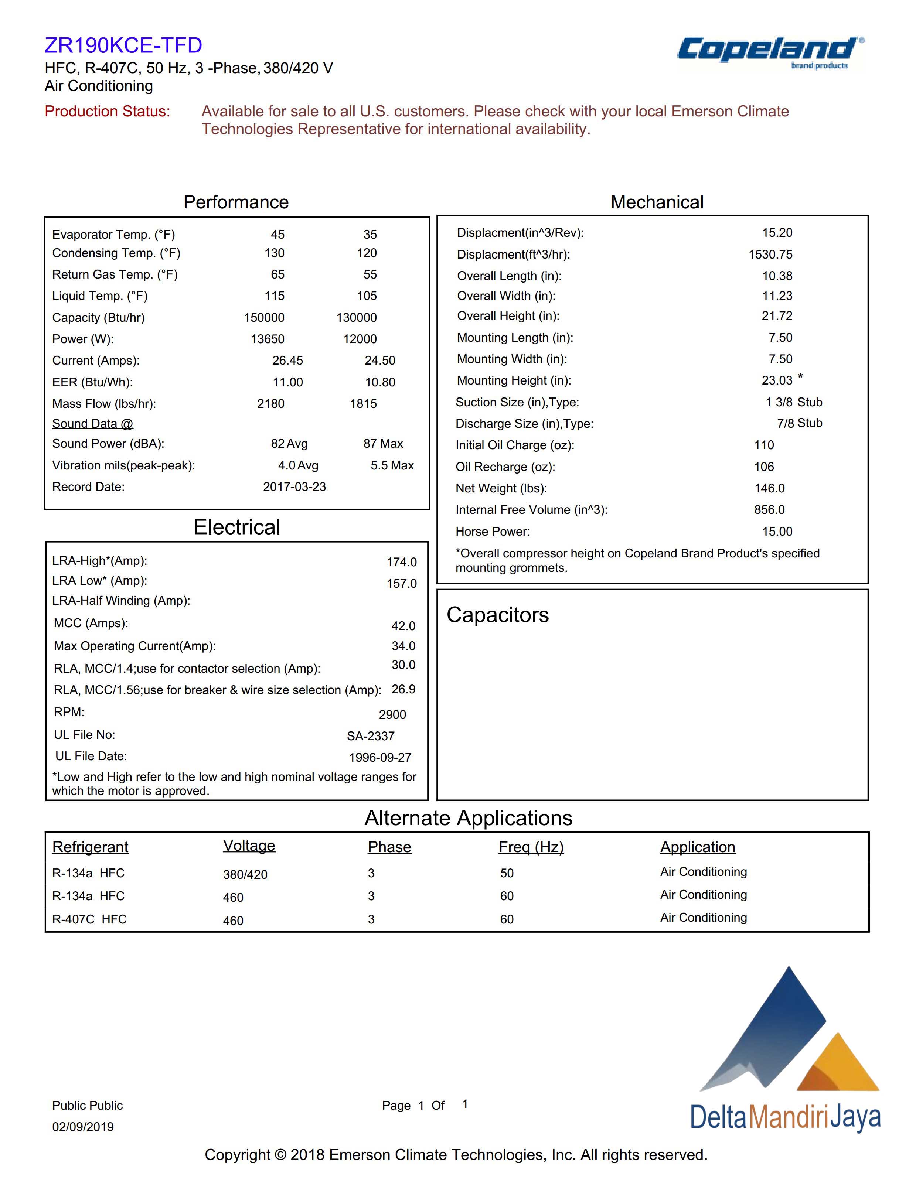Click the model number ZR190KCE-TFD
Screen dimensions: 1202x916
(x=123, y=45)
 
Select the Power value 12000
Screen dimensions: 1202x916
(x=360, y=339)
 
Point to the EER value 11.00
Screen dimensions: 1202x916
(x=287, y=382)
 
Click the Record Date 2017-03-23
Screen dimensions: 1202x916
(x=294, y=487)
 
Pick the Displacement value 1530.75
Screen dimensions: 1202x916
(x=770, y=255)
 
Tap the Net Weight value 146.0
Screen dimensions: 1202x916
(x=769, y=488)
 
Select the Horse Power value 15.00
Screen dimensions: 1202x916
(x=777, y=532)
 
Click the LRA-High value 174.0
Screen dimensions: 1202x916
(x=401, y=562)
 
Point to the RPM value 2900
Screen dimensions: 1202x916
(x=392, y=715)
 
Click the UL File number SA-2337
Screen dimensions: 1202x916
(x=370, y=736)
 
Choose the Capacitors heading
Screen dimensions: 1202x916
(x=497, y=615)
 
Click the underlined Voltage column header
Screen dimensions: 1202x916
(x=249, y=846)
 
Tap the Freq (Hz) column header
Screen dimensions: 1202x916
(x=531, y=847)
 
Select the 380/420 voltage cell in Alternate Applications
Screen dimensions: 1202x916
(x=245, y=874)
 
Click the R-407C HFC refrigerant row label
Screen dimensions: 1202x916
(x=89, y=919)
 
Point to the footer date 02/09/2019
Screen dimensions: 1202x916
(x=83, y=1127)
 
